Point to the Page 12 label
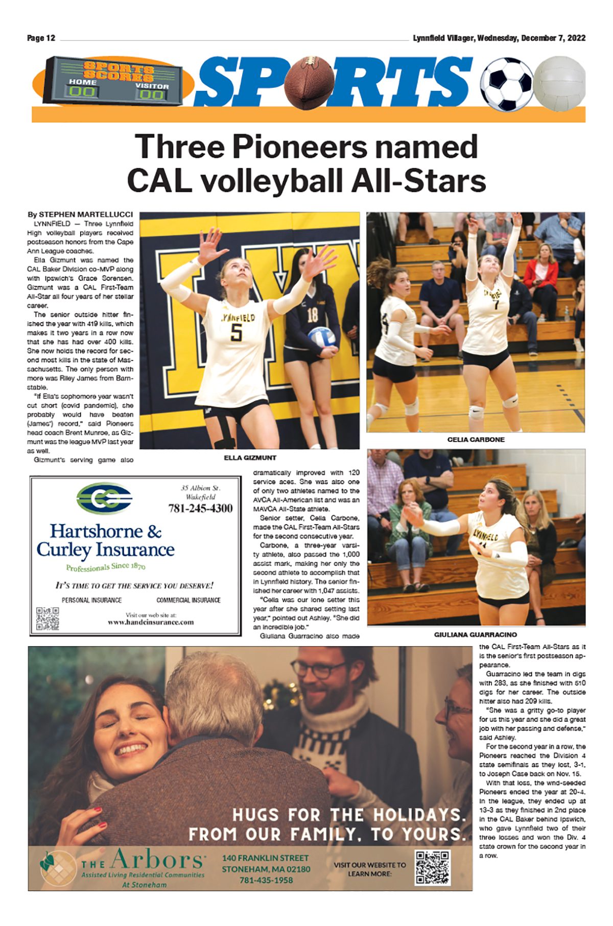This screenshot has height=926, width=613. pos(41,38)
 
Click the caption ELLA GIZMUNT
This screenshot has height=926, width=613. pos(250,458)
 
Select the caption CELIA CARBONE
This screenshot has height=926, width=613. pos(476,439)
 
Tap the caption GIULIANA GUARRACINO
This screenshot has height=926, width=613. pos(476,635)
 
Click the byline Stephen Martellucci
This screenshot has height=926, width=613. pos(80,215)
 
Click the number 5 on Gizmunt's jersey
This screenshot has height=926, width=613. pos(235,333)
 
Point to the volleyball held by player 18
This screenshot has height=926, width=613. pos(321,337)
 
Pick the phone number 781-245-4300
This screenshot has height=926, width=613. pos(200,508)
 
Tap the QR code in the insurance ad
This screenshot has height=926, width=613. pos(48,619)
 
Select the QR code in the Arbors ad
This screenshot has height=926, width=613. pos(432,867)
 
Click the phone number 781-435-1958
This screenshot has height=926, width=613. pos(266,880)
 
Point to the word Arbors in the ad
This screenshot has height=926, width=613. pos(157,860)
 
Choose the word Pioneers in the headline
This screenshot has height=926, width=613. pos(299,147)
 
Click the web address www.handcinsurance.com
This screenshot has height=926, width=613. pos(151,622)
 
